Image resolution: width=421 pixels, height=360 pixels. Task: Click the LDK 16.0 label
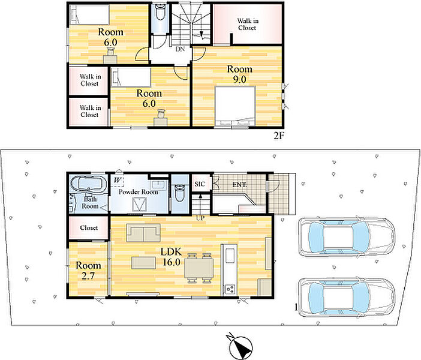click(172, 257)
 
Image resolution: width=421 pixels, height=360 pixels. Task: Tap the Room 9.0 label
click(240, 74)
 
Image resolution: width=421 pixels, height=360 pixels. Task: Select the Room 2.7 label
click(88, 271)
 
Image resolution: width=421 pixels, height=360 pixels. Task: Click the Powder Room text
click(138, 192)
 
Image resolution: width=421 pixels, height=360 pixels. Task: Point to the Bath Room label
click(90, 203)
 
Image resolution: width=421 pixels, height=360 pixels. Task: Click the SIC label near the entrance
click(200, 184)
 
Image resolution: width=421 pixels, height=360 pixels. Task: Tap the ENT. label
click(239, 185)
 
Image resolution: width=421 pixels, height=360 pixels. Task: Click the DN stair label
click(180, 49)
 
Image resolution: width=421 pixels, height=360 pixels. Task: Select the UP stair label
click(200, 218)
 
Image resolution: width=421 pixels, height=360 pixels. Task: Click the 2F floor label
click(279, 136)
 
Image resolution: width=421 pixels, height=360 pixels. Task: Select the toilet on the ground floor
click(179, 193)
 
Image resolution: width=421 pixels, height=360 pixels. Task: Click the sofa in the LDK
click(143, 233)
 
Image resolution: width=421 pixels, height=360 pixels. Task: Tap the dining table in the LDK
click(199, 268)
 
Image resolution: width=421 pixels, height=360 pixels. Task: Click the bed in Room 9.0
click(235, 106)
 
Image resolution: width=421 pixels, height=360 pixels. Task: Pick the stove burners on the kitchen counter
click(230, 289)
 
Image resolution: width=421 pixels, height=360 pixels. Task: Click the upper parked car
click(347, 237)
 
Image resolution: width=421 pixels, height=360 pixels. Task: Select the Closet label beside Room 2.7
click(89, 228)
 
